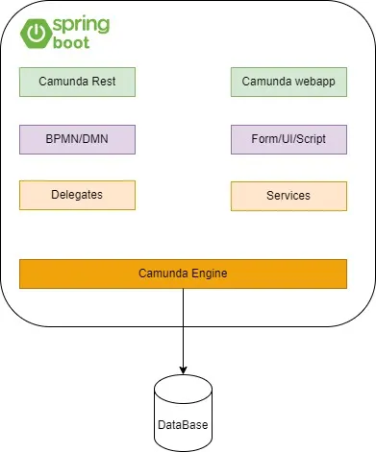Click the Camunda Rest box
click(77, 82)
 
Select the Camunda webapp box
click(288, 82)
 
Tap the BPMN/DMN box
click(77, 139)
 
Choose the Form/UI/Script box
click(288, 139)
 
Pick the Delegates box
click(77, 195)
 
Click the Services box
click(288, 196)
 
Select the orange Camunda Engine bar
click(183, 274)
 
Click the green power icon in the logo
click(38, 34)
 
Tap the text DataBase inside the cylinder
click(183, 424)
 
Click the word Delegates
click(77, 195)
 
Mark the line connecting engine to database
click(183, 326)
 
